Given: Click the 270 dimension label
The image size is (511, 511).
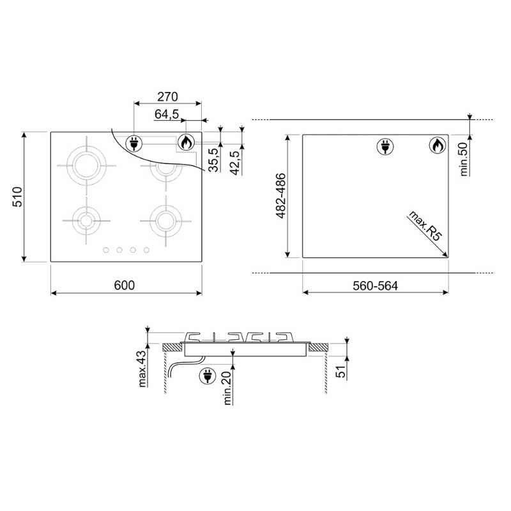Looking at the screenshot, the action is click(x=167, y=97).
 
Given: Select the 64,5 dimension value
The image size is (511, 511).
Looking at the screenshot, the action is click(x=167, y=114).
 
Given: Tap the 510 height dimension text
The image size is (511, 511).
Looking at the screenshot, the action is click(x=17, y=197).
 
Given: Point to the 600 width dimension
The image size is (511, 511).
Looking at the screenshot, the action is click(x=124, y=285).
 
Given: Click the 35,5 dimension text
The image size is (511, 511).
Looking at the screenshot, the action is click(x=213, y=160).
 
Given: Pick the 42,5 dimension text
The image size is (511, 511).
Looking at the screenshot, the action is click(x=235, y=163).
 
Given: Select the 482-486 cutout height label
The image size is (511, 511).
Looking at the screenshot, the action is click(x=280, y=195).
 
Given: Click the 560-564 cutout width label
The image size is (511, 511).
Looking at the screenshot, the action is click(x=375, y=286).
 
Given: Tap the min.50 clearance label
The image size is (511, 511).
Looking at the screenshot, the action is click(x=464, y=159).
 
